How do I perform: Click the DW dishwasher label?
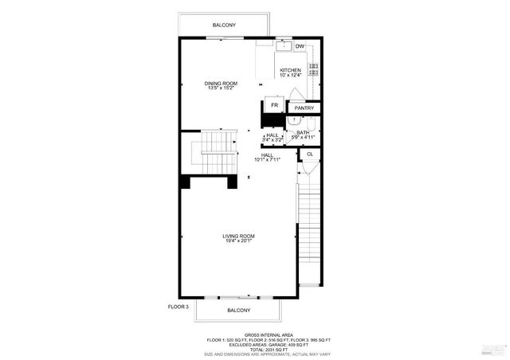click(x=300, y=46)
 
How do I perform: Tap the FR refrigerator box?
click(x=274, y=105)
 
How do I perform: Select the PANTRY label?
click(x=304, y=108)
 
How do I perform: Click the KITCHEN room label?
click(x=290, y=71)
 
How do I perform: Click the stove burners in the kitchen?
click(x=313, y=71)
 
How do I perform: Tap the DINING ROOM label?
click(x=221, y=84)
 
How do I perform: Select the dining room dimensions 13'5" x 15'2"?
click(x=221, y=88)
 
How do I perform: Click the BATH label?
click(x=303, y=132)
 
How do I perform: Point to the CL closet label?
click(x=309, y=153)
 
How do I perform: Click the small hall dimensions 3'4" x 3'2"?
click(x=273, y=140)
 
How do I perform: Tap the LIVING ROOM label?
click(x=238, y=237)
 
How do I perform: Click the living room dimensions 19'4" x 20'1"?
click(x=238, y=242)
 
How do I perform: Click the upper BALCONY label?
click(x=223, y=26)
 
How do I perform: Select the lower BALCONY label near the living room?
click(x=238, y=310)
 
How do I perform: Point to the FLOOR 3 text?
click(x=178, y=306)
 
